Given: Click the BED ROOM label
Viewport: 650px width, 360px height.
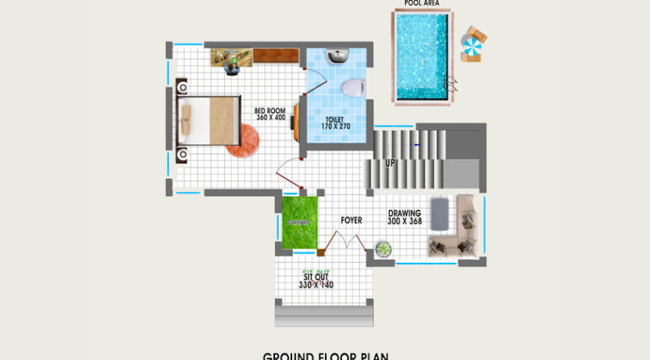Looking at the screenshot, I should point(270,110).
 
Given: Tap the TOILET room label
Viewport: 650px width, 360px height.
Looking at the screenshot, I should point(335,118).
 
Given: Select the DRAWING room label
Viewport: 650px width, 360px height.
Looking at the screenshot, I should point(404,213).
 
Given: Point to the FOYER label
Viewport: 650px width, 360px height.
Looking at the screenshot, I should point(351,221).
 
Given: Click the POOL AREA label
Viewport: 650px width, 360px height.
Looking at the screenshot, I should point(421,4).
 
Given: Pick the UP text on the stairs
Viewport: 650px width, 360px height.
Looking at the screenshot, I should point(389,164).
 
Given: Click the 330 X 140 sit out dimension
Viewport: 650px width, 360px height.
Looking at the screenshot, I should point(316,285).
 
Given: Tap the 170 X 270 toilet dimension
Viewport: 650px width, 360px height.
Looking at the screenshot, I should point(335,126).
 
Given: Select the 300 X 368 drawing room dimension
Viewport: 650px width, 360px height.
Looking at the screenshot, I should point(405,221).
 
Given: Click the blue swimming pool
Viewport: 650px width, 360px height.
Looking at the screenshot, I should point(424,55).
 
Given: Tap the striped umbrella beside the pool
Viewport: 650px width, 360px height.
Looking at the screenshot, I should point(472,47).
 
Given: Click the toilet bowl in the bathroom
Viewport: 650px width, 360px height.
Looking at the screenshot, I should point(355,87).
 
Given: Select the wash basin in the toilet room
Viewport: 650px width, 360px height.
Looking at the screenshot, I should point(338,56).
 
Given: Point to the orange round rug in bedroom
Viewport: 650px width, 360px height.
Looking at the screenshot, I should point(244,139).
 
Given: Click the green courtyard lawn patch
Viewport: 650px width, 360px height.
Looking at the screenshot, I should point(298,222).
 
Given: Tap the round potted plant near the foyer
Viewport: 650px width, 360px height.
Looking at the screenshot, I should point(384,249).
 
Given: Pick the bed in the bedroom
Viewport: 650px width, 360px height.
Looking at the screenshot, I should point(208,121).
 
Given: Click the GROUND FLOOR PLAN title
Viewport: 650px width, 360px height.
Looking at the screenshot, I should point(325,356).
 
